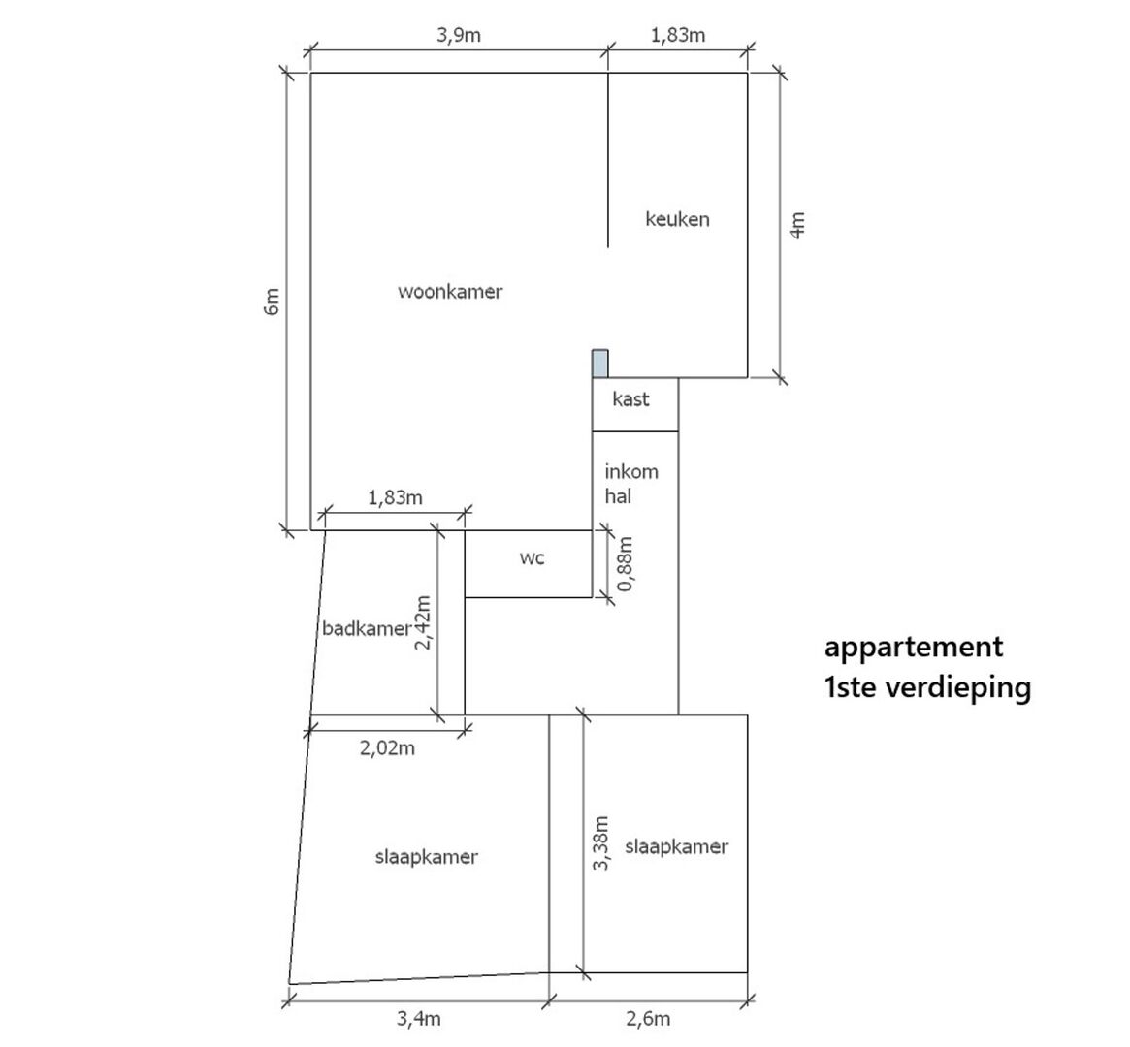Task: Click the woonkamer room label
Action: [x=450, y=292]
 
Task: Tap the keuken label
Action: [x=677, y=219]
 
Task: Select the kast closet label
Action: [x=630, y=398]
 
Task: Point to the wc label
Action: [x=532, y=558]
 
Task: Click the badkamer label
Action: [x=366, y=628]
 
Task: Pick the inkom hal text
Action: [x=631, y=484]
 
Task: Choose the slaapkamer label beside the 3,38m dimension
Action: [x=676, y=847]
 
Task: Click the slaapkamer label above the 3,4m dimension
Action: [x=426, y=857]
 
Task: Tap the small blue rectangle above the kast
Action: [x=599, y=364]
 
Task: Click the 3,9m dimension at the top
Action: [x=459, y=35]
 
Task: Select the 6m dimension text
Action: [x=271, y=301]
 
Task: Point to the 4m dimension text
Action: [x=797, y=225]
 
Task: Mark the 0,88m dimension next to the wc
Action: [x=625, y=564]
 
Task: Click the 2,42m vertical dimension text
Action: [x=423, y=623]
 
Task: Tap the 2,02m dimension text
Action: [x=387, y=748]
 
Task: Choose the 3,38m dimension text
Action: [x=601, y=842]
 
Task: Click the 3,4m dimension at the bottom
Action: [x=419, y=1019]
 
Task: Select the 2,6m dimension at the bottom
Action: [x=648, y=1019]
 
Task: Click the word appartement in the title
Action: [x=913, y=648]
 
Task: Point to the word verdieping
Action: [x=958, y=687]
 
